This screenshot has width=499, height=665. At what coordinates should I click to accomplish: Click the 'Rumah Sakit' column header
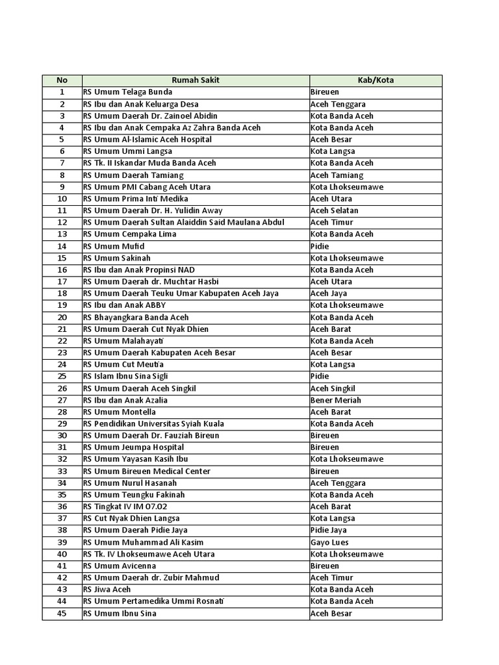196,81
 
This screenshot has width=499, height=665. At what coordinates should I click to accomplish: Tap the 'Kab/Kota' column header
376,81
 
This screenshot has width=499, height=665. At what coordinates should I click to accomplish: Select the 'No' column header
62,81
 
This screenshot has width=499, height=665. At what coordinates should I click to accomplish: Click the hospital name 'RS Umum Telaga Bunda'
127,92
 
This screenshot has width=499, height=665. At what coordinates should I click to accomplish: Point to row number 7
62,163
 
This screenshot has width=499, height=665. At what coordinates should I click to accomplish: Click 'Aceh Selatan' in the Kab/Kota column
334,210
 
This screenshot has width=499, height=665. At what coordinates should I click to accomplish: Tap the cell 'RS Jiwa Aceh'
107,589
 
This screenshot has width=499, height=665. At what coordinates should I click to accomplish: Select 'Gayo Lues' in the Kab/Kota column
329,542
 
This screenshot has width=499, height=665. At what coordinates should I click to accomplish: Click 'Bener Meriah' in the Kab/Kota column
335,400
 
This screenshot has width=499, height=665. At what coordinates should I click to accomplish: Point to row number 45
62,613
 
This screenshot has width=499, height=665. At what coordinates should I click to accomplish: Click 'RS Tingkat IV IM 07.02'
126,507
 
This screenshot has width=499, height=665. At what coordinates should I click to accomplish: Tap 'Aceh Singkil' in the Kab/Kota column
333,388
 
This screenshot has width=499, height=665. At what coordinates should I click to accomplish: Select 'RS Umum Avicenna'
119,566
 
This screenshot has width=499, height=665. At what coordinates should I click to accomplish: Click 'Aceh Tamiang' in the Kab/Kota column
337,175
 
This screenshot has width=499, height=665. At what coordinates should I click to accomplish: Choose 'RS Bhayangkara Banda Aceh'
136,317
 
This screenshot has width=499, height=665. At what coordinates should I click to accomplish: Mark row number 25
62,377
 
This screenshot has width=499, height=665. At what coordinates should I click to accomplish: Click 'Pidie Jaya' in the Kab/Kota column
331,530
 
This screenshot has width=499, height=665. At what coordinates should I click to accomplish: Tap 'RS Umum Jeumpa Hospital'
133,447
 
